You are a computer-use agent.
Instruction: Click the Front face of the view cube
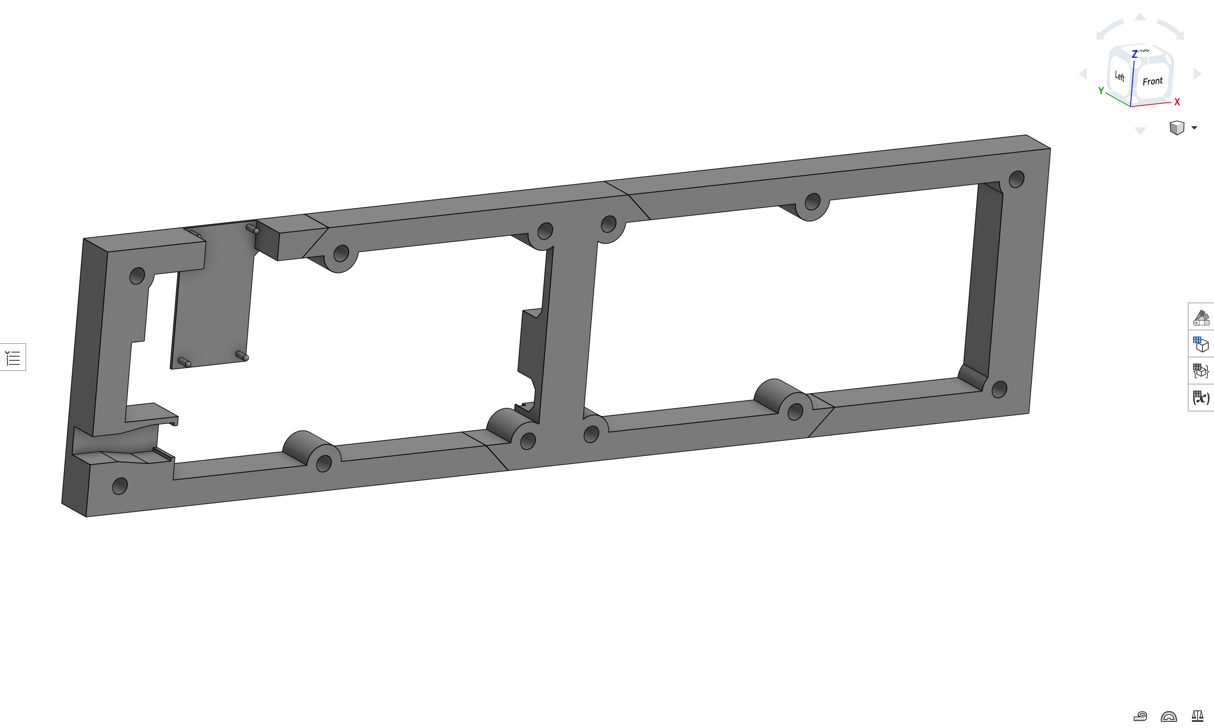tap(1152, 82)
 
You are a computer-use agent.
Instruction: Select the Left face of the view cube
tap(1119, 76)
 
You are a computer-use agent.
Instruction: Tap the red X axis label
tap(1177, 102)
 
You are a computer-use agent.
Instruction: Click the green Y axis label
tap(1101, 91)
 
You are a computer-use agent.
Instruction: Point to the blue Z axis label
tap(1134, 55)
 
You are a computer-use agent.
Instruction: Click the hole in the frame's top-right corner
tap(1017, 179)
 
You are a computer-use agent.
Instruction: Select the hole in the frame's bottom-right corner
tap(999, 389)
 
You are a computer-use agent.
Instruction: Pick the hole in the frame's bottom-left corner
tap(120, 486)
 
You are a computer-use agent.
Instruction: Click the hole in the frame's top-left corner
tap(137, 276)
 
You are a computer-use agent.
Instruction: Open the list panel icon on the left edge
tap(13, 357)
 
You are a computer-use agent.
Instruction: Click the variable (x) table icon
tap(1201, 397)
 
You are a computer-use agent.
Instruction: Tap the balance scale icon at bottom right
tap(1197, 717)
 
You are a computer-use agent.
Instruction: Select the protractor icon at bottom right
tap(1169, 717)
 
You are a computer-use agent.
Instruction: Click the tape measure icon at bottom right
tap(1141, 717)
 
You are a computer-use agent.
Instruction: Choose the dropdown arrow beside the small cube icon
tap(1194, 128)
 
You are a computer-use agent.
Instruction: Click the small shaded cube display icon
tap(1177, 128)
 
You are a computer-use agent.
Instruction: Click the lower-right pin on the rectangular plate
tap(242, 356)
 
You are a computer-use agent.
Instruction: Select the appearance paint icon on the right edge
tap(1201, 317)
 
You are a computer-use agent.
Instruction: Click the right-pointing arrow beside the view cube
tap(1197, 74)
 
